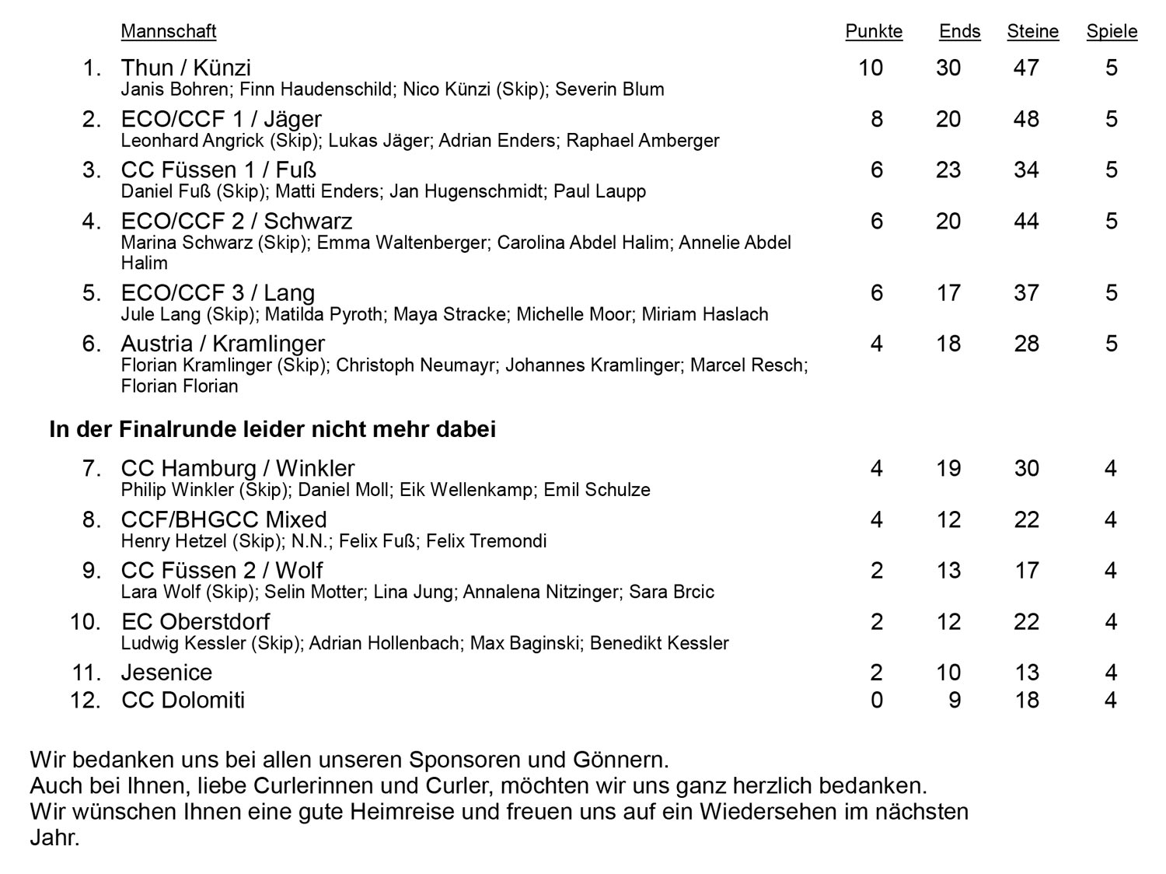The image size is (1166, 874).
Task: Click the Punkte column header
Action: coord(874,31)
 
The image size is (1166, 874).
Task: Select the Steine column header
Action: coord(1032,31)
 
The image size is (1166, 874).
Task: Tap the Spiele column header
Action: coord(1112,31)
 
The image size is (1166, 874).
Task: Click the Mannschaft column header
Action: coord(169,31)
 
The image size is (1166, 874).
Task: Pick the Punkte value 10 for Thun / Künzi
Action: coord(871,68)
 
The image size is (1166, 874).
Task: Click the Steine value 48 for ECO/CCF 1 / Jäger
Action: coord(1026,119)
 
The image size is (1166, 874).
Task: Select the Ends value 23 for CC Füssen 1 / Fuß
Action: coord(948,170)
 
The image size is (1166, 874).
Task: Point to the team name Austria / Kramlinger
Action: coord(223,344)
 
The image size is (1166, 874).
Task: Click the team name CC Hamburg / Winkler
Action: coord(238,468)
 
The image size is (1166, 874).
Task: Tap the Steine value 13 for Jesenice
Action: coord(1026,673)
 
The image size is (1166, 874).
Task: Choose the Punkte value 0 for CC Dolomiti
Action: coord(877,701)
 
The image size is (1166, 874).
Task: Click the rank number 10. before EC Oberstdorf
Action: coord(86,622)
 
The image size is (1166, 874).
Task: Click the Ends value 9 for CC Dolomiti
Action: coord(955,701)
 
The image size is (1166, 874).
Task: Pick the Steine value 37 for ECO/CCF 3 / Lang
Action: coord(1026,293)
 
